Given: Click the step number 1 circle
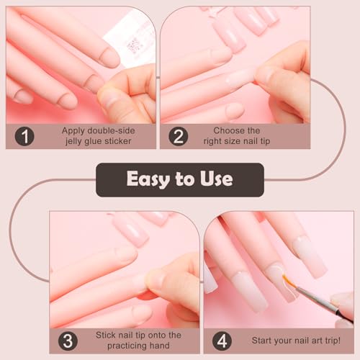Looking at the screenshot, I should click(24, 136).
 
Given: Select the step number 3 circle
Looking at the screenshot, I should click(68, 340).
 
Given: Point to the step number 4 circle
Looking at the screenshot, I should click(222, 340).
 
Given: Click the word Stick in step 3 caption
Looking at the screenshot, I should click(107, 334).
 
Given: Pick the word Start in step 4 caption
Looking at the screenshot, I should click(263, 340).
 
